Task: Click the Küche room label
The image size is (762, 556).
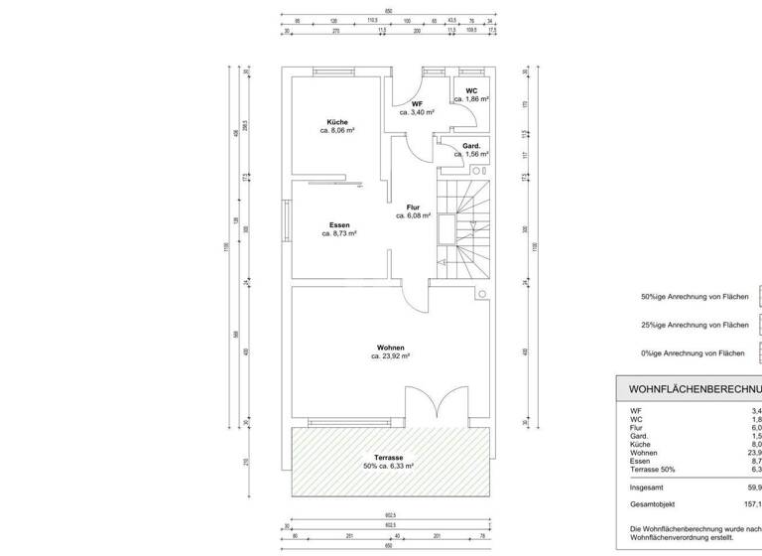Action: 338,122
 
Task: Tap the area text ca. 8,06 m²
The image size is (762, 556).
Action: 338,131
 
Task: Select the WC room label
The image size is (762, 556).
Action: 470,91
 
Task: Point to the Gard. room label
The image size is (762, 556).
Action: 471,146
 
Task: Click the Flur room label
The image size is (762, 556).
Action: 413,207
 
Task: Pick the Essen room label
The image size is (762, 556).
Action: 338,225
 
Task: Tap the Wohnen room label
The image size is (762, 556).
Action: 389,347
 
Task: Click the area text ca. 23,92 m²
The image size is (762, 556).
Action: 389,355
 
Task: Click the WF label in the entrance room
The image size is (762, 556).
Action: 418,104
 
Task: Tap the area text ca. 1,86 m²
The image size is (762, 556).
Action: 471,100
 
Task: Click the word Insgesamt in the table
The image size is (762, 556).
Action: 648,487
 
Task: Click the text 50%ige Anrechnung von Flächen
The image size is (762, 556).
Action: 694,296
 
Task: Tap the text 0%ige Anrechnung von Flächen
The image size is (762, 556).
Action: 692,353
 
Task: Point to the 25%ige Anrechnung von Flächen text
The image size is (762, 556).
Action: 694,325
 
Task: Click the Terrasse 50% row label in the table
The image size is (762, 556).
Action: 652,471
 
